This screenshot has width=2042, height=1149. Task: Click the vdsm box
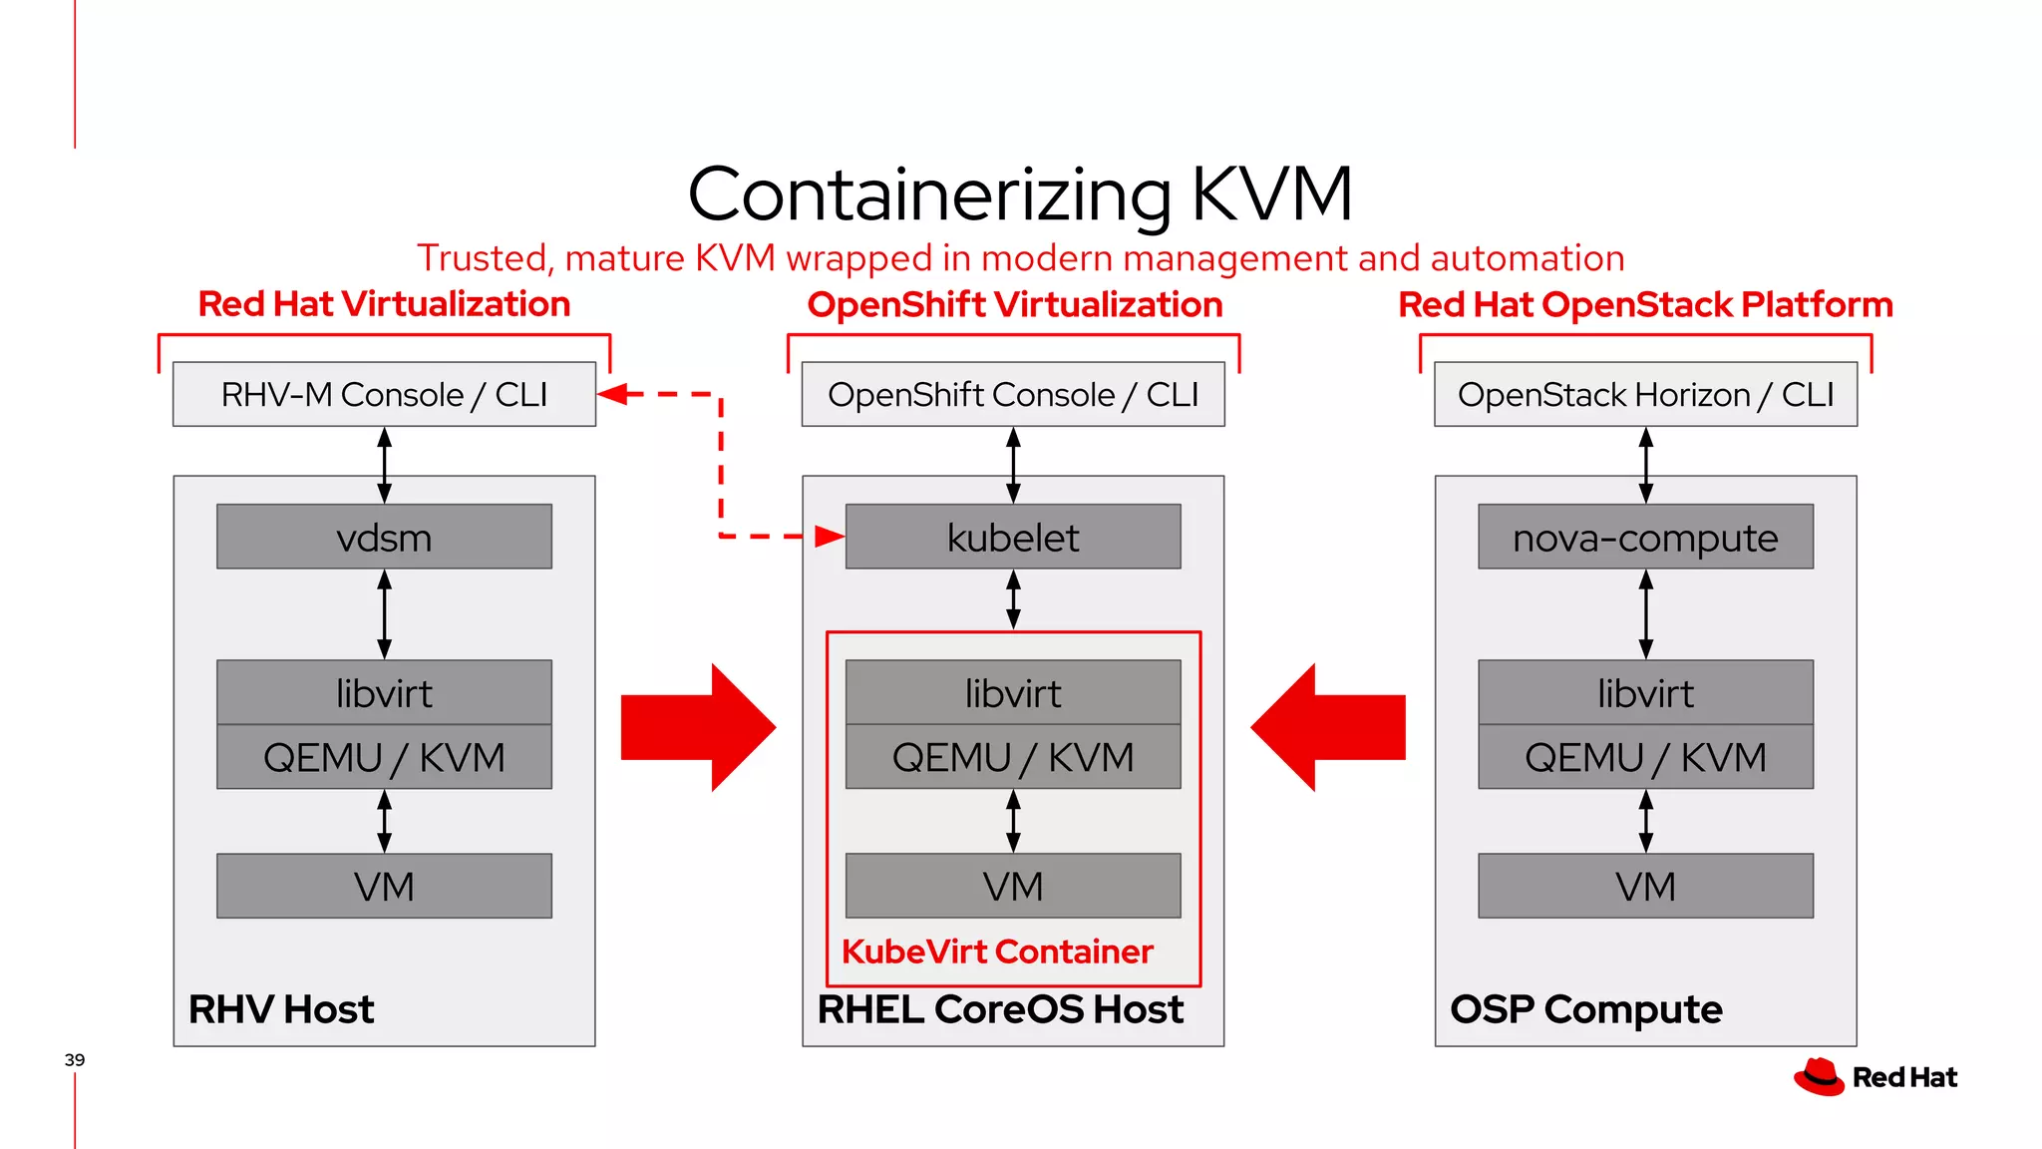384,537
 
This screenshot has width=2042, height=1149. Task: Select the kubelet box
1013,537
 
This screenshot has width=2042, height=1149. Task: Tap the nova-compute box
1645,537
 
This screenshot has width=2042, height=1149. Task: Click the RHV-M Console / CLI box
384,394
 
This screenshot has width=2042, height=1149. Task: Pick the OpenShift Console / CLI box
1013,394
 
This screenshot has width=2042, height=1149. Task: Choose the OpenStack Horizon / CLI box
1645,394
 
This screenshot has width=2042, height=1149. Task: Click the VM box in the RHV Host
384,886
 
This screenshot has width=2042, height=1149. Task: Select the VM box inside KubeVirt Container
1013,886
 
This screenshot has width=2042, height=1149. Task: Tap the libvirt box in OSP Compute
1645,692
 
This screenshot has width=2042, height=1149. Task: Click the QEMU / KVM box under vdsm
384,757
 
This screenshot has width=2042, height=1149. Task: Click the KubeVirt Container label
997,952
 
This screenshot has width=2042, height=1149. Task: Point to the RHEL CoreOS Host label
1000,1009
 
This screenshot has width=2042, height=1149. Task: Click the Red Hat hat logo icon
1820,1077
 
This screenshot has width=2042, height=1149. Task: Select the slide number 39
75,1059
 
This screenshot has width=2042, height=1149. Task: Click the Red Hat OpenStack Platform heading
1645,304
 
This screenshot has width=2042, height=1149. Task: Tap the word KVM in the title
1271,193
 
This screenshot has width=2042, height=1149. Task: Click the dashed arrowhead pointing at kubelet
830,537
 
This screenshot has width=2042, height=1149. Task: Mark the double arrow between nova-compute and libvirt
1645,613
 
